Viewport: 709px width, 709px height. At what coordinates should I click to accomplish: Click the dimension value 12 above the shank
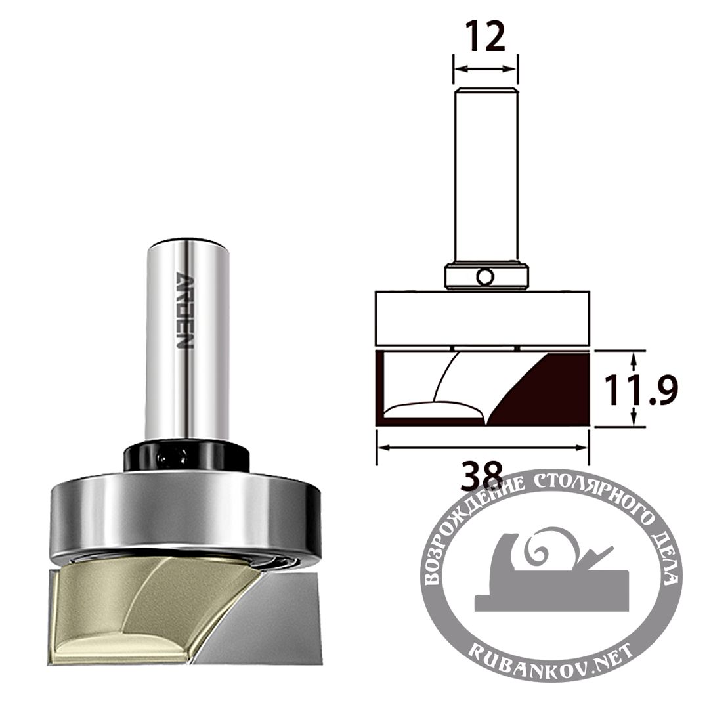pyautogui.click(x=486, y=37)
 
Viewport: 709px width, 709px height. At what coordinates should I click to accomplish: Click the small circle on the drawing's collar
pyautogui.click(x=485, y=277)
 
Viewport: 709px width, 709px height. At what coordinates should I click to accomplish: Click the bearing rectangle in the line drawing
pyautogui.click(x=483, y=318)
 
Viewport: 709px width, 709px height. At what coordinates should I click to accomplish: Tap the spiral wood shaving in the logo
pyautogui.click(x=545, y=548)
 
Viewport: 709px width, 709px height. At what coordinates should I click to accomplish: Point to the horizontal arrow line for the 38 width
pyautogui.click(x=482, y=448)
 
